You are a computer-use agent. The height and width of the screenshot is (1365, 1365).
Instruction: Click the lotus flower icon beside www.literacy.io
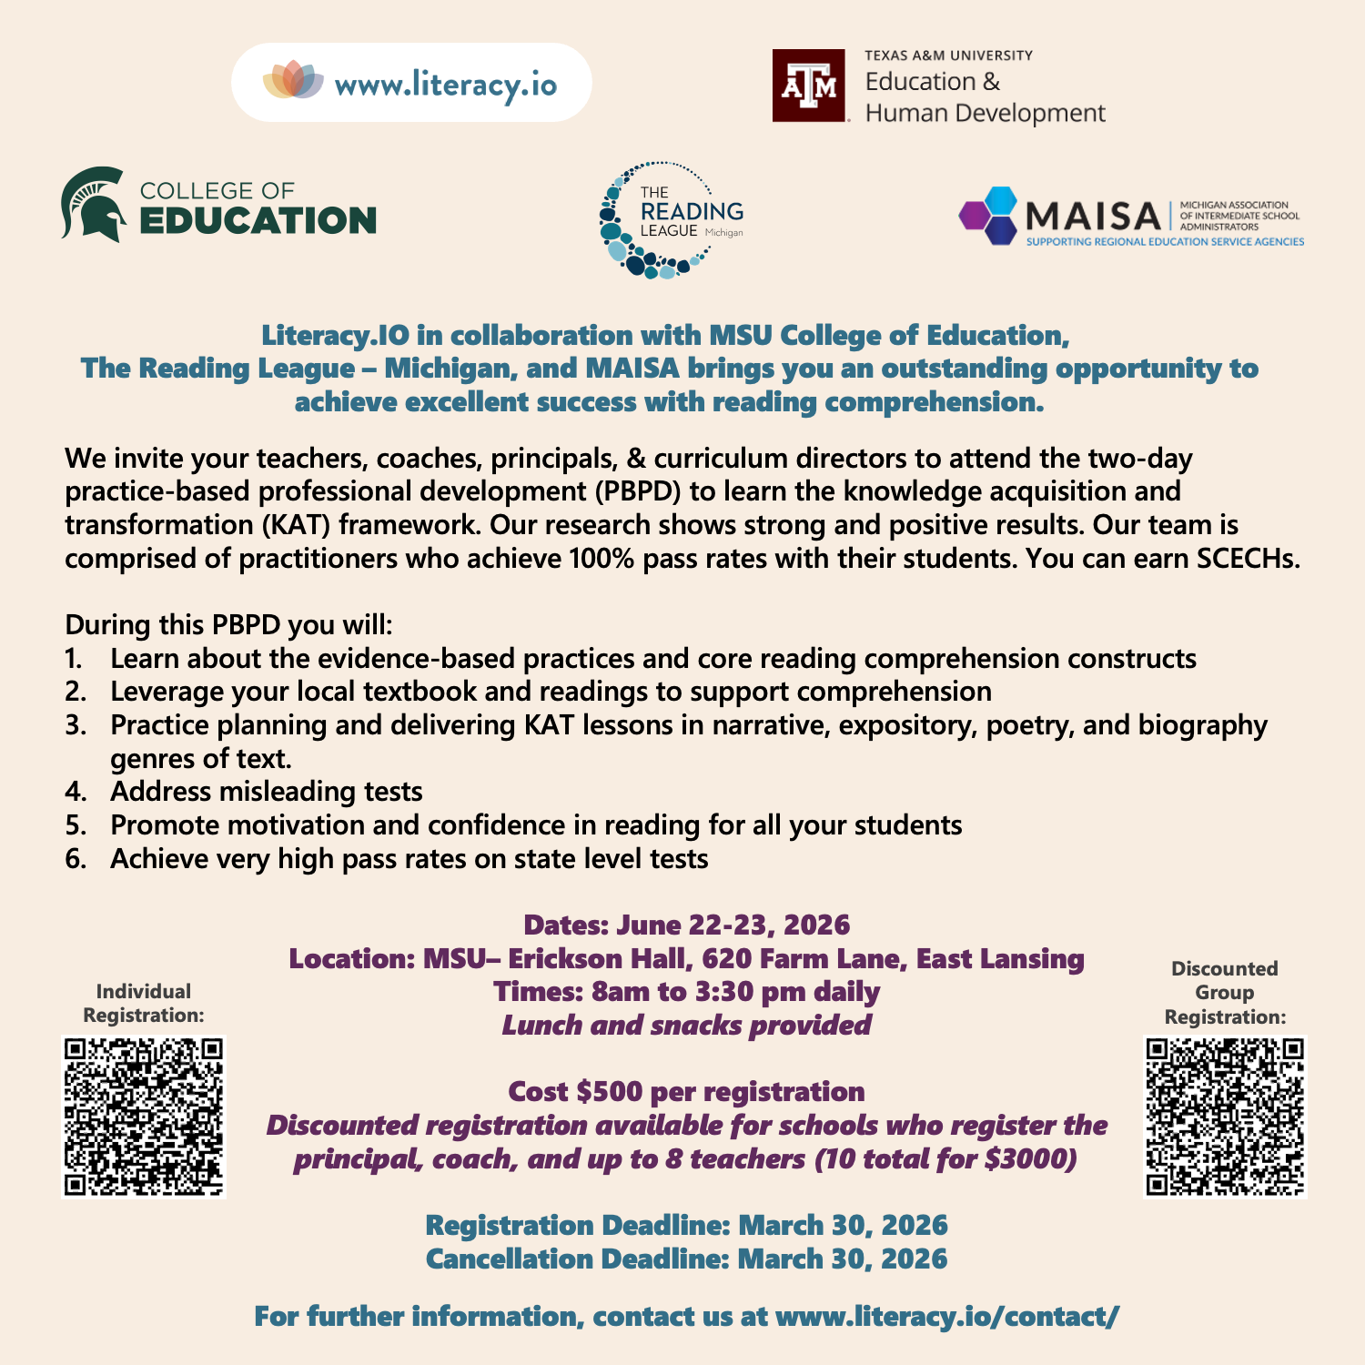click(x=293, y=81)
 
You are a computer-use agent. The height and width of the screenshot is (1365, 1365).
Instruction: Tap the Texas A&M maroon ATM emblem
click(x=809, y=86)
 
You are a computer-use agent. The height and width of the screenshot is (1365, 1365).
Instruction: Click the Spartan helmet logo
click(x=94, y=204)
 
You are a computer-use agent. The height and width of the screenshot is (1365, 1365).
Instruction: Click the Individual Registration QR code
click(x=144, y=1117)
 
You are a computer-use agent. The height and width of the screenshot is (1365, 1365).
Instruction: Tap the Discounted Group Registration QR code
click(x=1225, y=1117)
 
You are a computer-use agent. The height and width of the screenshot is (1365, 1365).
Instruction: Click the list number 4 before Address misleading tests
click(x=76, y=792)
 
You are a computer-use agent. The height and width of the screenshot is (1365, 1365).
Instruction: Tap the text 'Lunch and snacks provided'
click(x=687, y=1026)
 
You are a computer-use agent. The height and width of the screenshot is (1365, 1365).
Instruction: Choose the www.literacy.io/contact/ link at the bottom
click(x=947, y=1316)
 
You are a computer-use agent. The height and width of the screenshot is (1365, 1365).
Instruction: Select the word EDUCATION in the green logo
click(x=258, y=221)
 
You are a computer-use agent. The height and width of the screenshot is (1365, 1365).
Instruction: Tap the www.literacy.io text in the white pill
click(x=446, y=85)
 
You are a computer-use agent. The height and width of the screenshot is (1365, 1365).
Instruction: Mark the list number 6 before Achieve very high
click(x=76, y=858)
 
